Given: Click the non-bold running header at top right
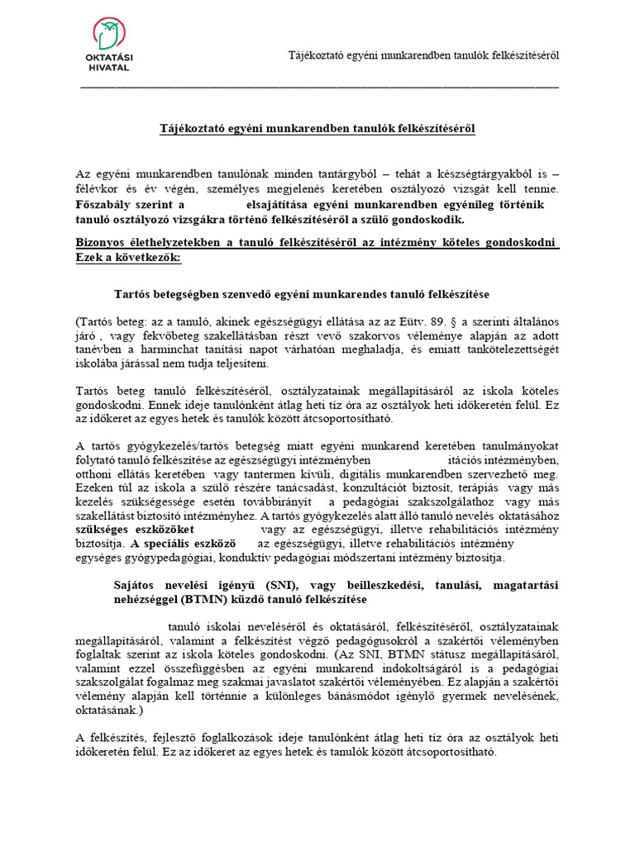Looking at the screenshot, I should (423, 55).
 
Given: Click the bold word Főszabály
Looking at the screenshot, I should (105, 204).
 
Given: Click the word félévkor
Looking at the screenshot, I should (98, 189).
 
